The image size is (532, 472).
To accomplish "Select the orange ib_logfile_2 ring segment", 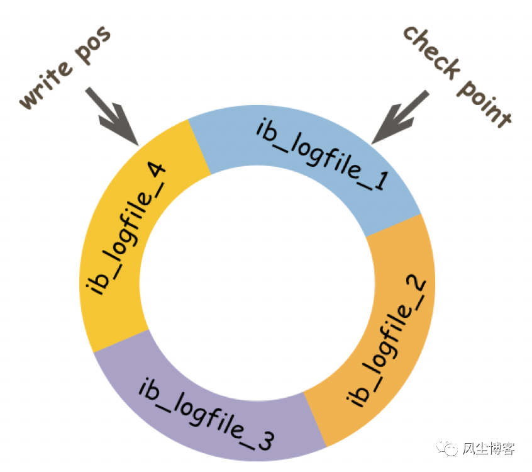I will click(390, 334).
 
